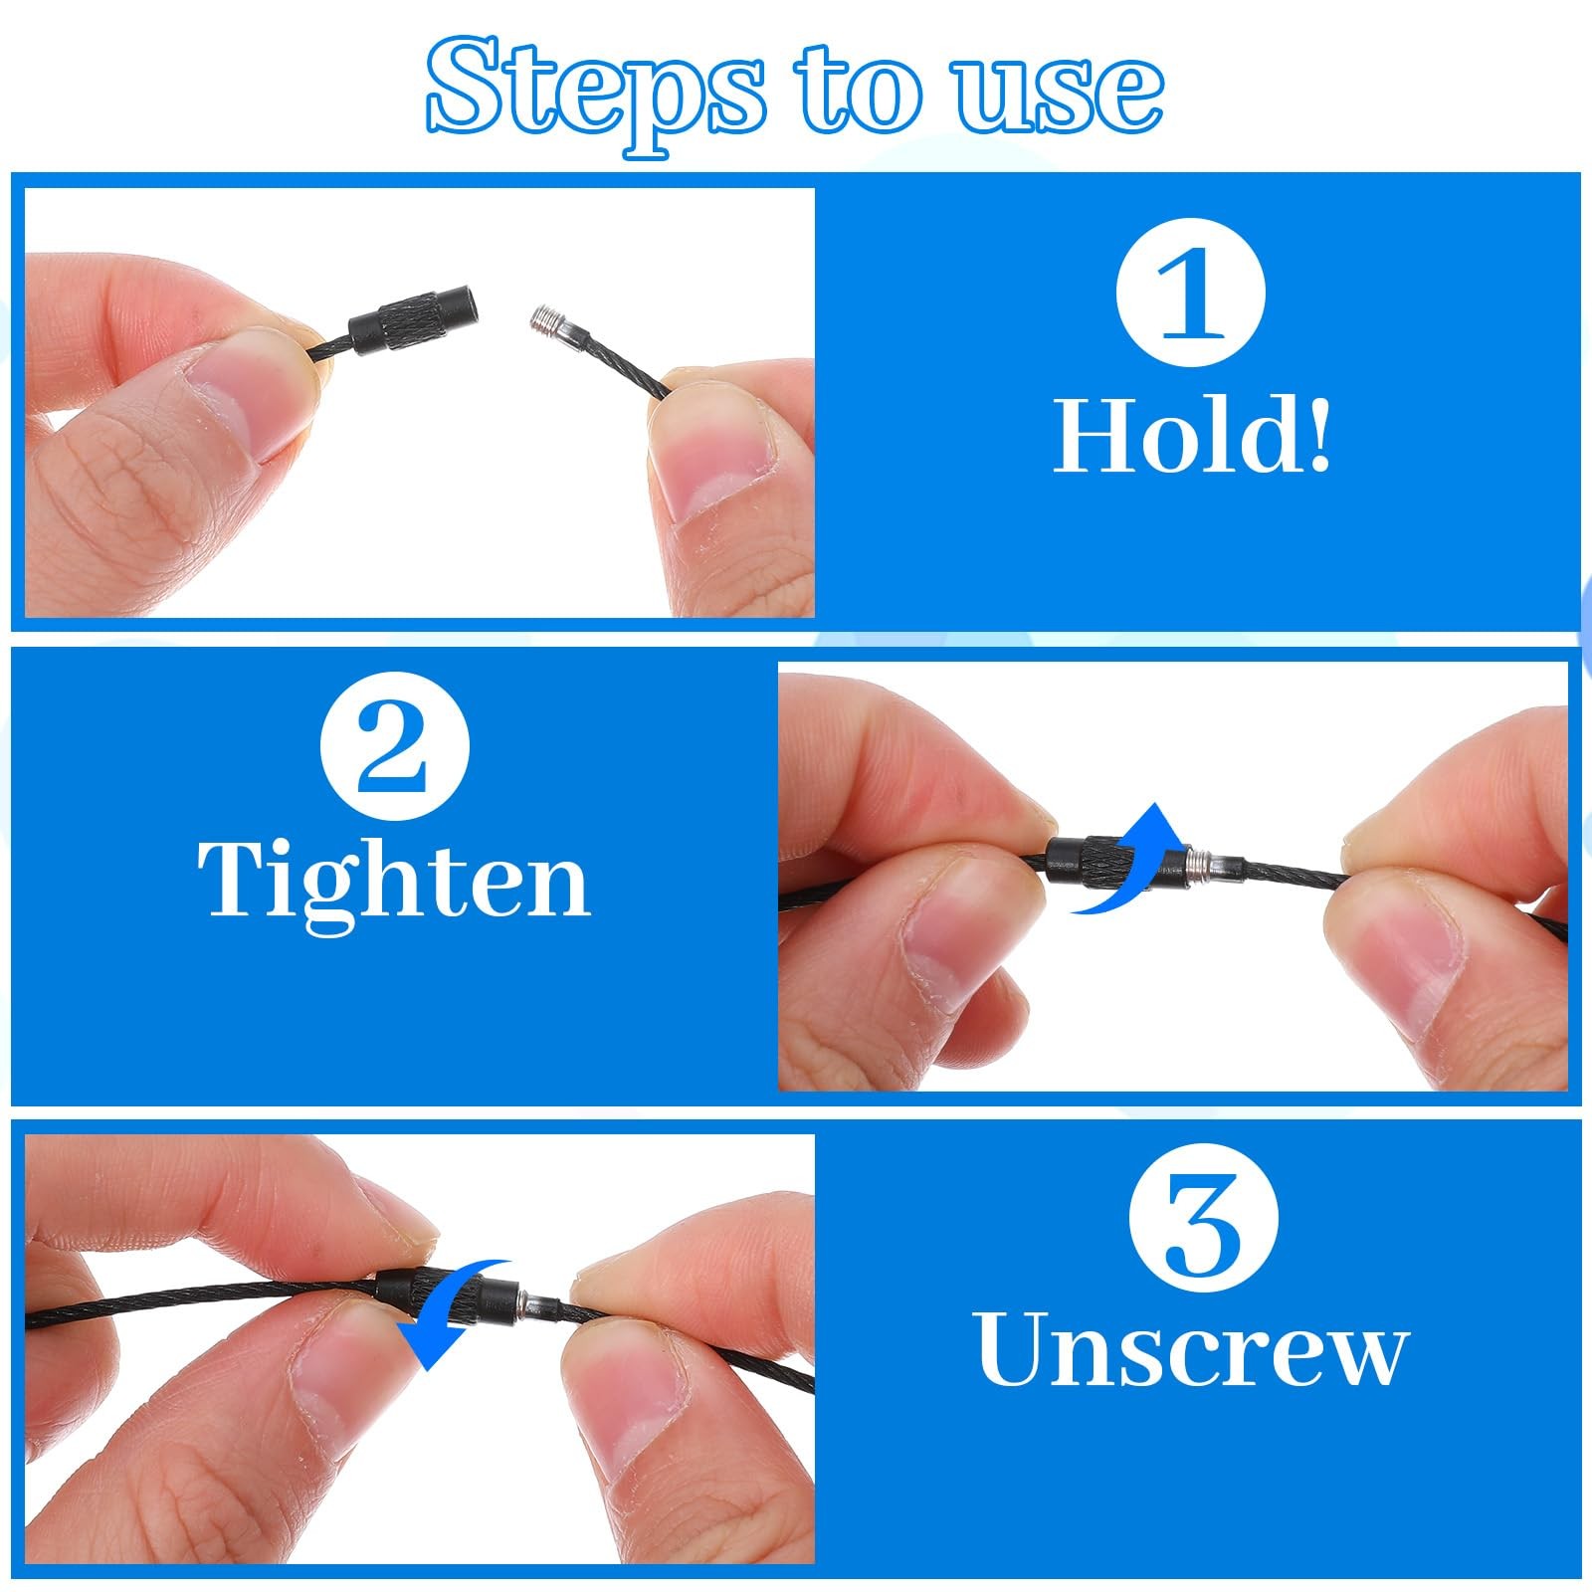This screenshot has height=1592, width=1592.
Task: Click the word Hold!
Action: tap(1191, 435)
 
